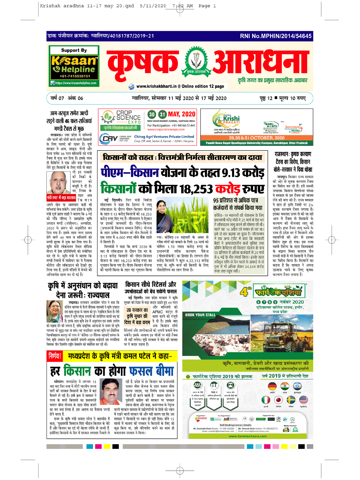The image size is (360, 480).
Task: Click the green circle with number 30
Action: click(x=152, y=114)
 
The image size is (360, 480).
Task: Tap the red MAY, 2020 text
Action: click(x=181, y=114)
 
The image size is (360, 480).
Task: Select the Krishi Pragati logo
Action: click(x=227, y=120)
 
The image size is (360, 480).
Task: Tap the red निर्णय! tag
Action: click(x=55, y=356)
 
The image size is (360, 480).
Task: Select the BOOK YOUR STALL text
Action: click(x=200, y=315)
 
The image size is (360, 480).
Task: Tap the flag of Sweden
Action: click(x=291, y=400)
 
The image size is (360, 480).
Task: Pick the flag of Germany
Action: click(x=272, y=386)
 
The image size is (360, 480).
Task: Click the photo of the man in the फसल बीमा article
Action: click(x=110, y=391)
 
